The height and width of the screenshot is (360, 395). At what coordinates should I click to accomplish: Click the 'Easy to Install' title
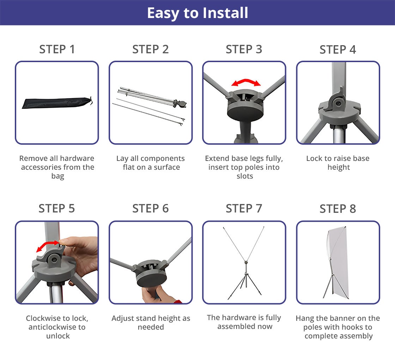197,13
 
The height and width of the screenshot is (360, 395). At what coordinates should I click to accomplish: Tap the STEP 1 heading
57,49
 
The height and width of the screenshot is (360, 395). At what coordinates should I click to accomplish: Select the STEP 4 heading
338,50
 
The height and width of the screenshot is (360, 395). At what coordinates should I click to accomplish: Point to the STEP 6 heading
150,209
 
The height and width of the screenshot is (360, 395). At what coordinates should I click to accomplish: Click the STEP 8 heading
338,209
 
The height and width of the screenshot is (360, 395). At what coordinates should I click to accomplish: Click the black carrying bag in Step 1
57,103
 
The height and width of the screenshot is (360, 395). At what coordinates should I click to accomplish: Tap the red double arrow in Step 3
246,82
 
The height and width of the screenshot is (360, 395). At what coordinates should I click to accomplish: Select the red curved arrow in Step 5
48,245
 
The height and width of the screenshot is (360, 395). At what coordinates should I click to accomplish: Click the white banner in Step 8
339,262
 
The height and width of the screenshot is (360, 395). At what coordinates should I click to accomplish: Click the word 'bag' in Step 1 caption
58,176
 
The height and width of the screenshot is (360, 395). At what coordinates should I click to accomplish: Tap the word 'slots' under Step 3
245,176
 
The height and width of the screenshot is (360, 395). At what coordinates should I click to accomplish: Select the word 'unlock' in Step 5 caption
58,336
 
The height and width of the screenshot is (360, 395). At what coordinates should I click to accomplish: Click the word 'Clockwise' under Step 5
40,318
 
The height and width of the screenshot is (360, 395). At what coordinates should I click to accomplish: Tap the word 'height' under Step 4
339,167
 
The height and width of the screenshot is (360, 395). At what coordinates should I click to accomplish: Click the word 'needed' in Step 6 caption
151,327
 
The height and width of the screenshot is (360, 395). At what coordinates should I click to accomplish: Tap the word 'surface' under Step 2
167,167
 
